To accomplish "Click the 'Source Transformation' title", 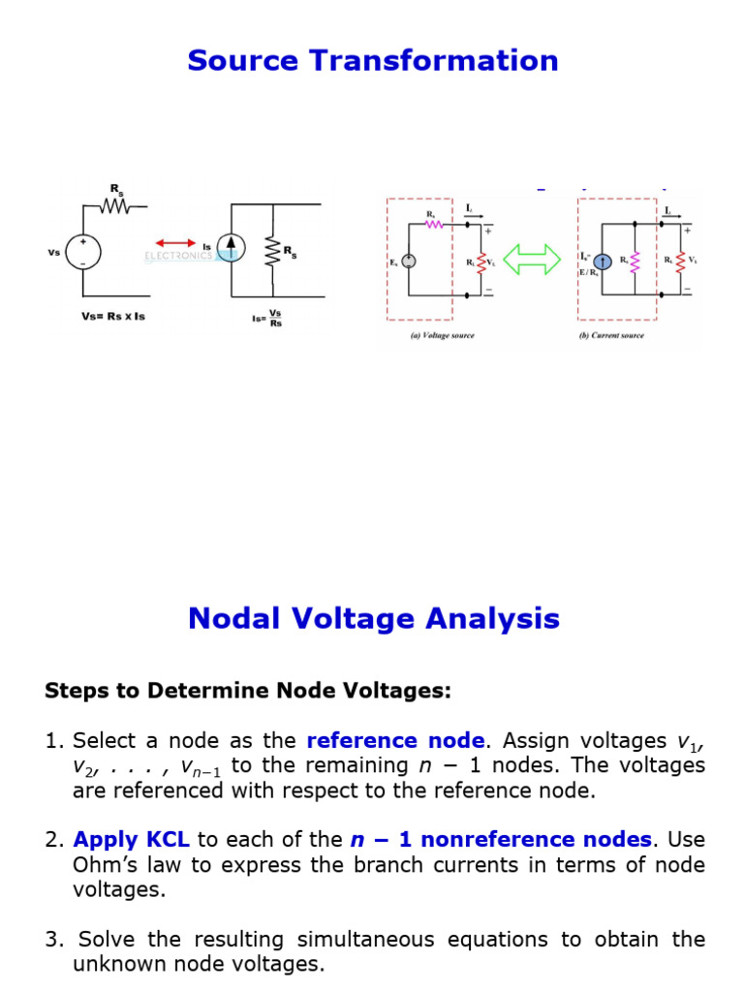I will (373, 60).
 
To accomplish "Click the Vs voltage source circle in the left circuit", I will (82, 252).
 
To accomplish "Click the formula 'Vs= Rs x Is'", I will (113, 317).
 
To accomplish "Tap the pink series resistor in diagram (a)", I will (432, 225).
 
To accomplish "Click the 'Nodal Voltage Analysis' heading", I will (373, 618).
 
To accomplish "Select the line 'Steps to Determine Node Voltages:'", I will (248, 692).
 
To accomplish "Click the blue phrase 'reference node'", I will (395, 741).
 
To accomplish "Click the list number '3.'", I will (54, 940).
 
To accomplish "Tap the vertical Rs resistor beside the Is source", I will (272, 251).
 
